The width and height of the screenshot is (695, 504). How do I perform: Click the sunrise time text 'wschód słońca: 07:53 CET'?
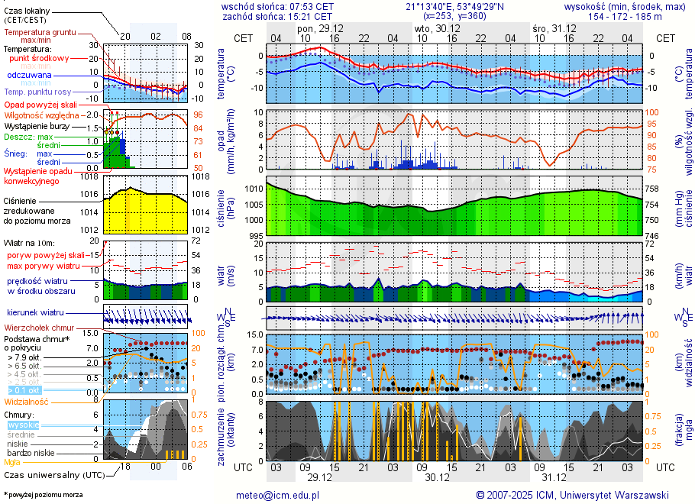pos(277,6)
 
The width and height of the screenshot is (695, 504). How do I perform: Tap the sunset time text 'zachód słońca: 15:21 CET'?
pos(277,16)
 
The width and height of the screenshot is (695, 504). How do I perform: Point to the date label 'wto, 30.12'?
pos(432,27)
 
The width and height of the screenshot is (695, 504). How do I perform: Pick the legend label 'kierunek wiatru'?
pos(36,313)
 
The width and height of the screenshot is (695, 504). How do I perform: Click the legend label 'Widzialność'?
pos(27,401)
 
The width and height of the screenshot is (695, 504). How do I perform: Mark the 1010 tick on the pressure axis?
pos(254,188)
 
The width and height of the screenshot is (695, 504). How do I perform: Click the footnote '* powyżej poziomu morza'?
pos(43,495)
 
